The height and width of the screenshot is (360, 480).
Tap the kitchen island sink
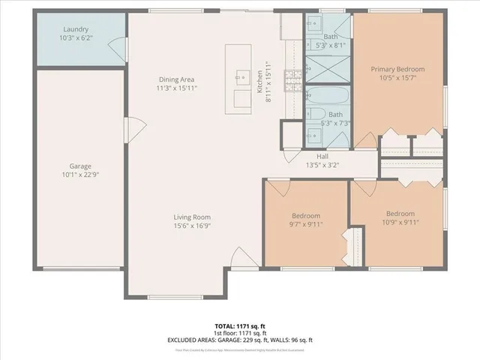(241, 76)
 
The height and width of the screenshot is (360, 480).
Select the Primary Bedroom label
(398, 69)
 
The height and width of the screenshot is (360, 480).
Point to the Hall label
(322, 157)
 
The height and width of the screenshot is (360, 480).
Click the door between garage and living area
(133, 129)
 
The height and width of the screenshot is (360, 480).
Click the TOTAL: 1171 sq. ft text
(240, 325)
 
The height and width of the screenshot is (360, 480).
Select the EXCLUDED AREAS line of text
(240, 340)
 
